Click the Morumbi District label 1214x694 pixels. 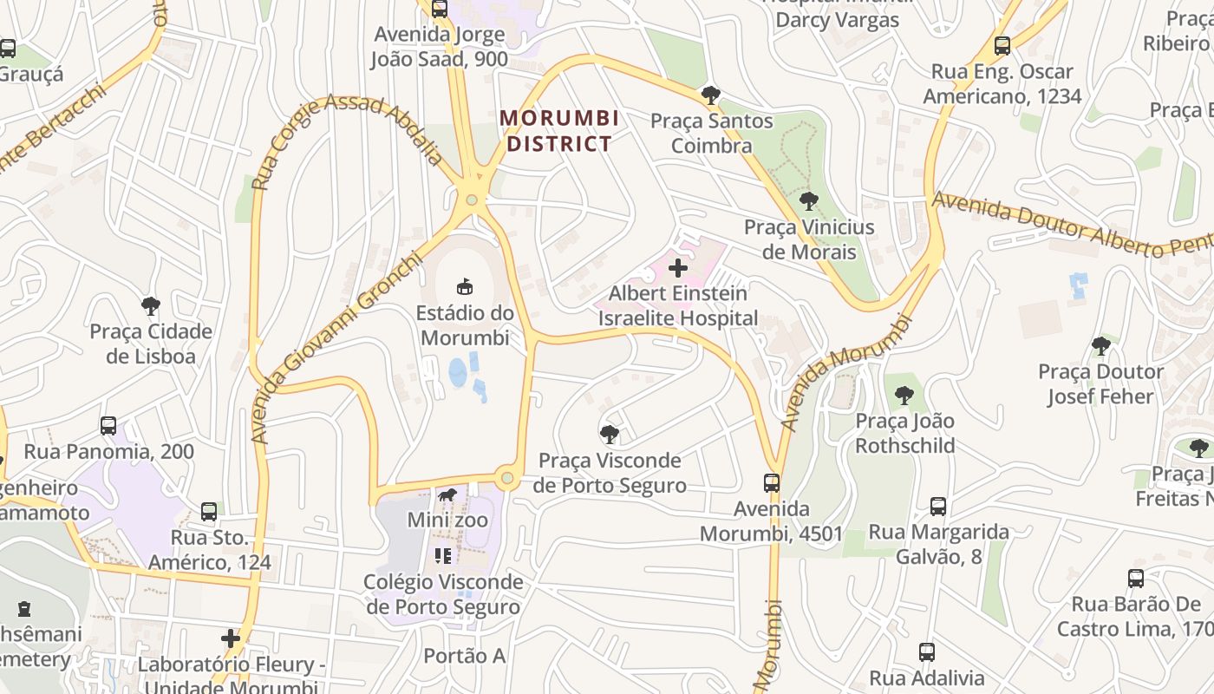(559, 130)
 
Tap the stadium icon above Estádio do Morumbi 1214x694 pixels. (465, 285)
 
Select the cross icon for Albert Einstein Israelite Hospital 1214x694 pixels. (678, 268)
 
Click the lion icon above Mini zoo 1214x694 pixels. (447, 496)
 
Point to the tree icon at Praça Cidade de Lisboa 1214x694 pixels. (151, 305)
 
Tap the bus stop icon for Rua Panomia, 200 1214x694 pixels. (108, 426)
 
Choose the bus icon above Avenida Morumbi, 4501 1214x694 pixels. (771, 482)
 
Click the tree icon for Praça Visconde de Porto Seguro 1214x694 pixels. (610, 434)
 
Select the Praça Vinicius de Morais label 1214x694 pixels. (809, 239)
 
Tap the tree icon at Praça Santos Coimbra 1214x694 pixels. (711, 95)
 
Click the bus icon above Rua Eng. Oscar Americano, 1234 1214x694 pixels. (1002, 46)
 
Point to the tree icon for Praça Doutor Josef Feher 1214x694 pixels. (1100, 346)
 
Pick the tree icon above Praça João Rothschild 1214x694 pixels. (904, 396)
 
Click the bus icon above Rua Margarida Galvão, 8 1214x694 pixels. (937, 506)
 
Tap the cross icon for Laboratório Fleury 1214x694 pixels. (230, 639)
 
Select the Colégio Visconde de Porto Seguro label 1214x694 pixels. (443, 594)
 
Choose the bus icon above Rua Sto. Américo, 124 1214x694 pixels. (209, 512)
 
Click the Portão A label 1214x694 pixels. (464, 656)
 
